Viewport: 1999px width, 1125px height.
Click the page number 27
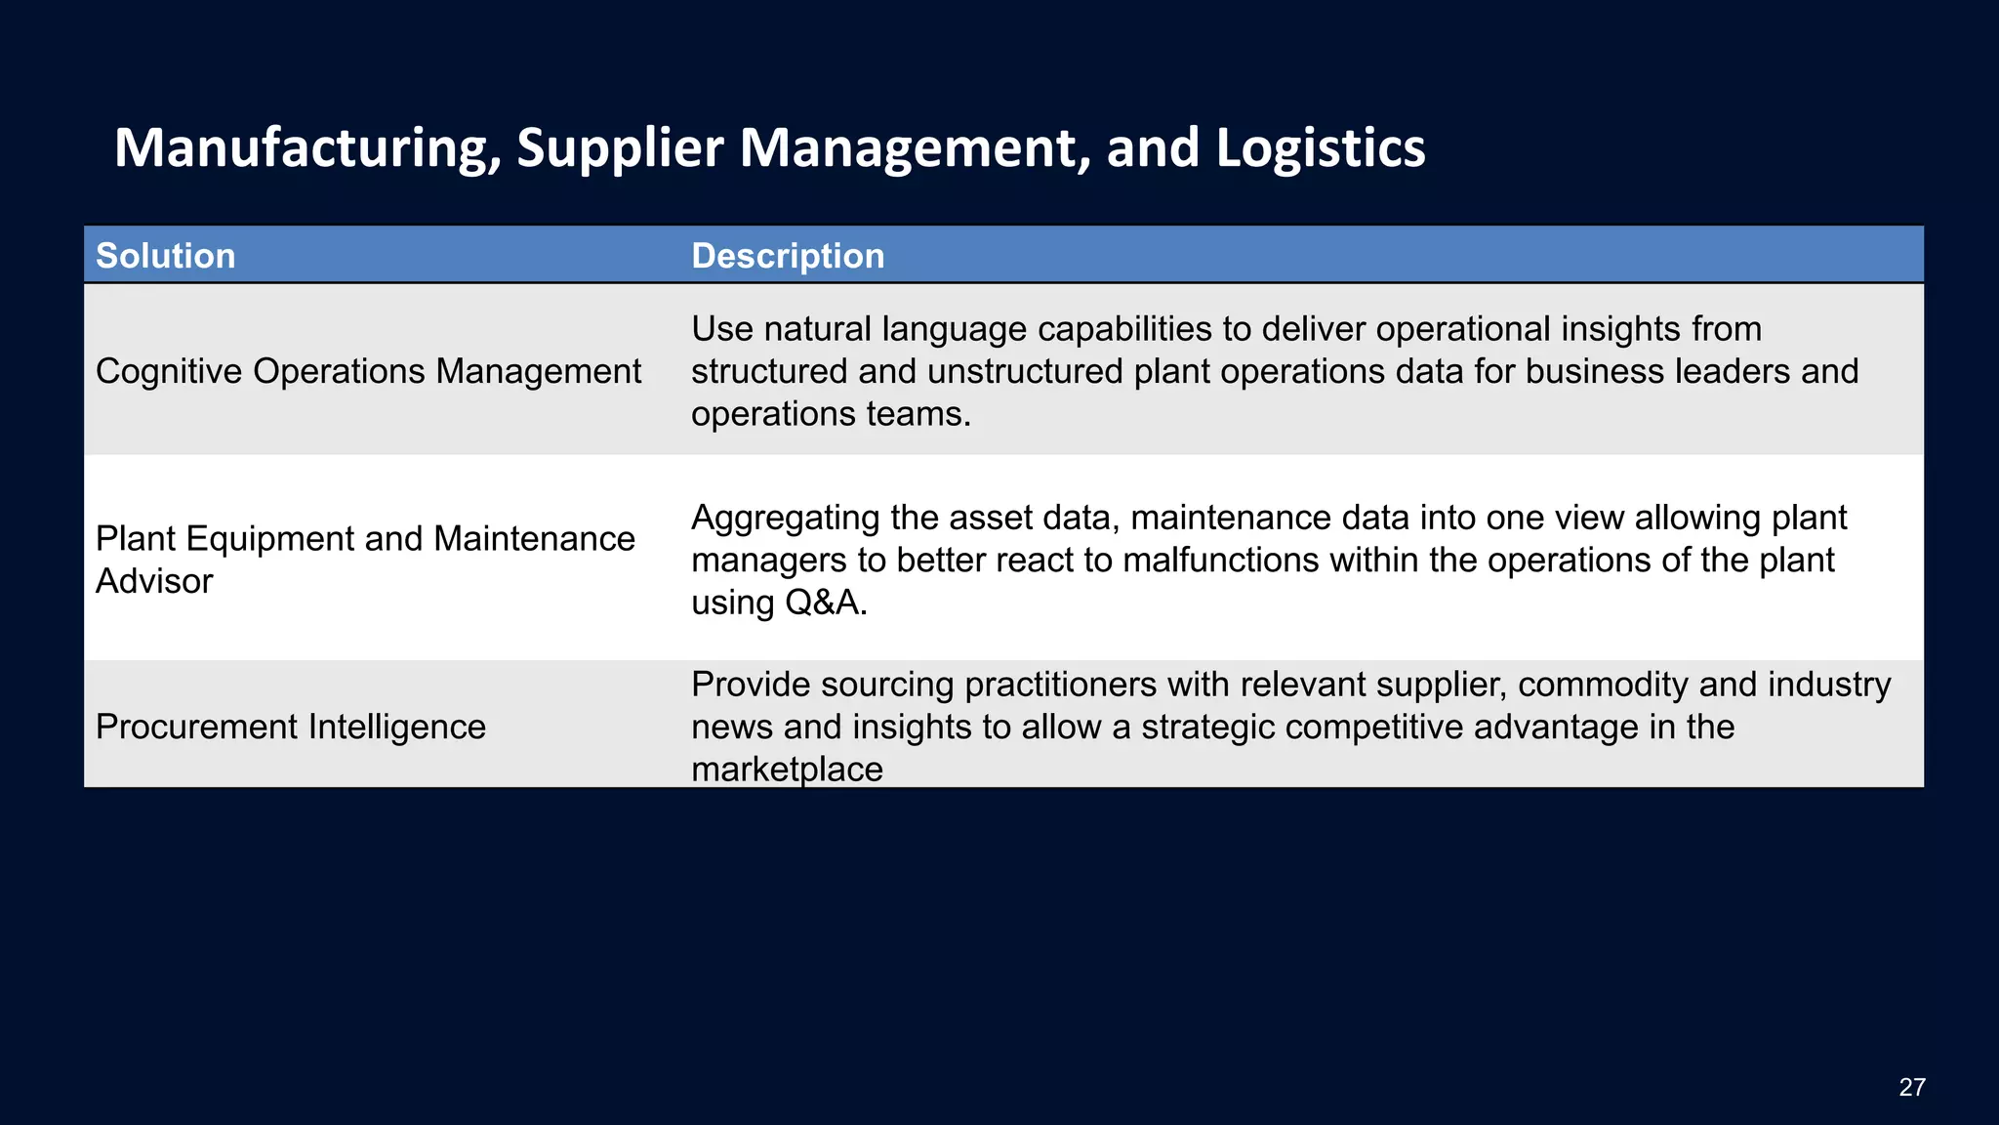(1911, 1087)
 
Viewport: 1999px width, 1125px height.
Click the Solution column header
(165, 256)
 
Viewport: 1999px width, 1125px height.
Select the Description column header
(788, 256)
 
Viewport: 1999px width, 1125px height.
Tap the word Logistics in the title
(1320, 148)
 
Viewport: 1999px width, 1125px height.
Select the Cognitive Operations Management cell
(368, 371)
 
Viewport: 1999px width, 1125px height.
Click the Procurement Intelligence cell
(290, 727)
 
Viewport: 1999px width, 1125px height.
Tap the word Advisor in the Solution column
(154, 581)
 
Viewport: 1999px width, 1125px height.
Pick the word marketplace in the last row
(787, 770)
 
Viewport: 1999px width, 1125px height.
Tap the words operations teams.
(831, 414)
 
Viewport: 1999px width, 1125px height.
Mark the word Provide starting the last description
(750, 685)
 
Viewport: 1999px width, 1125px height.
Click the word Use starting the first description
(722, 329)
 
